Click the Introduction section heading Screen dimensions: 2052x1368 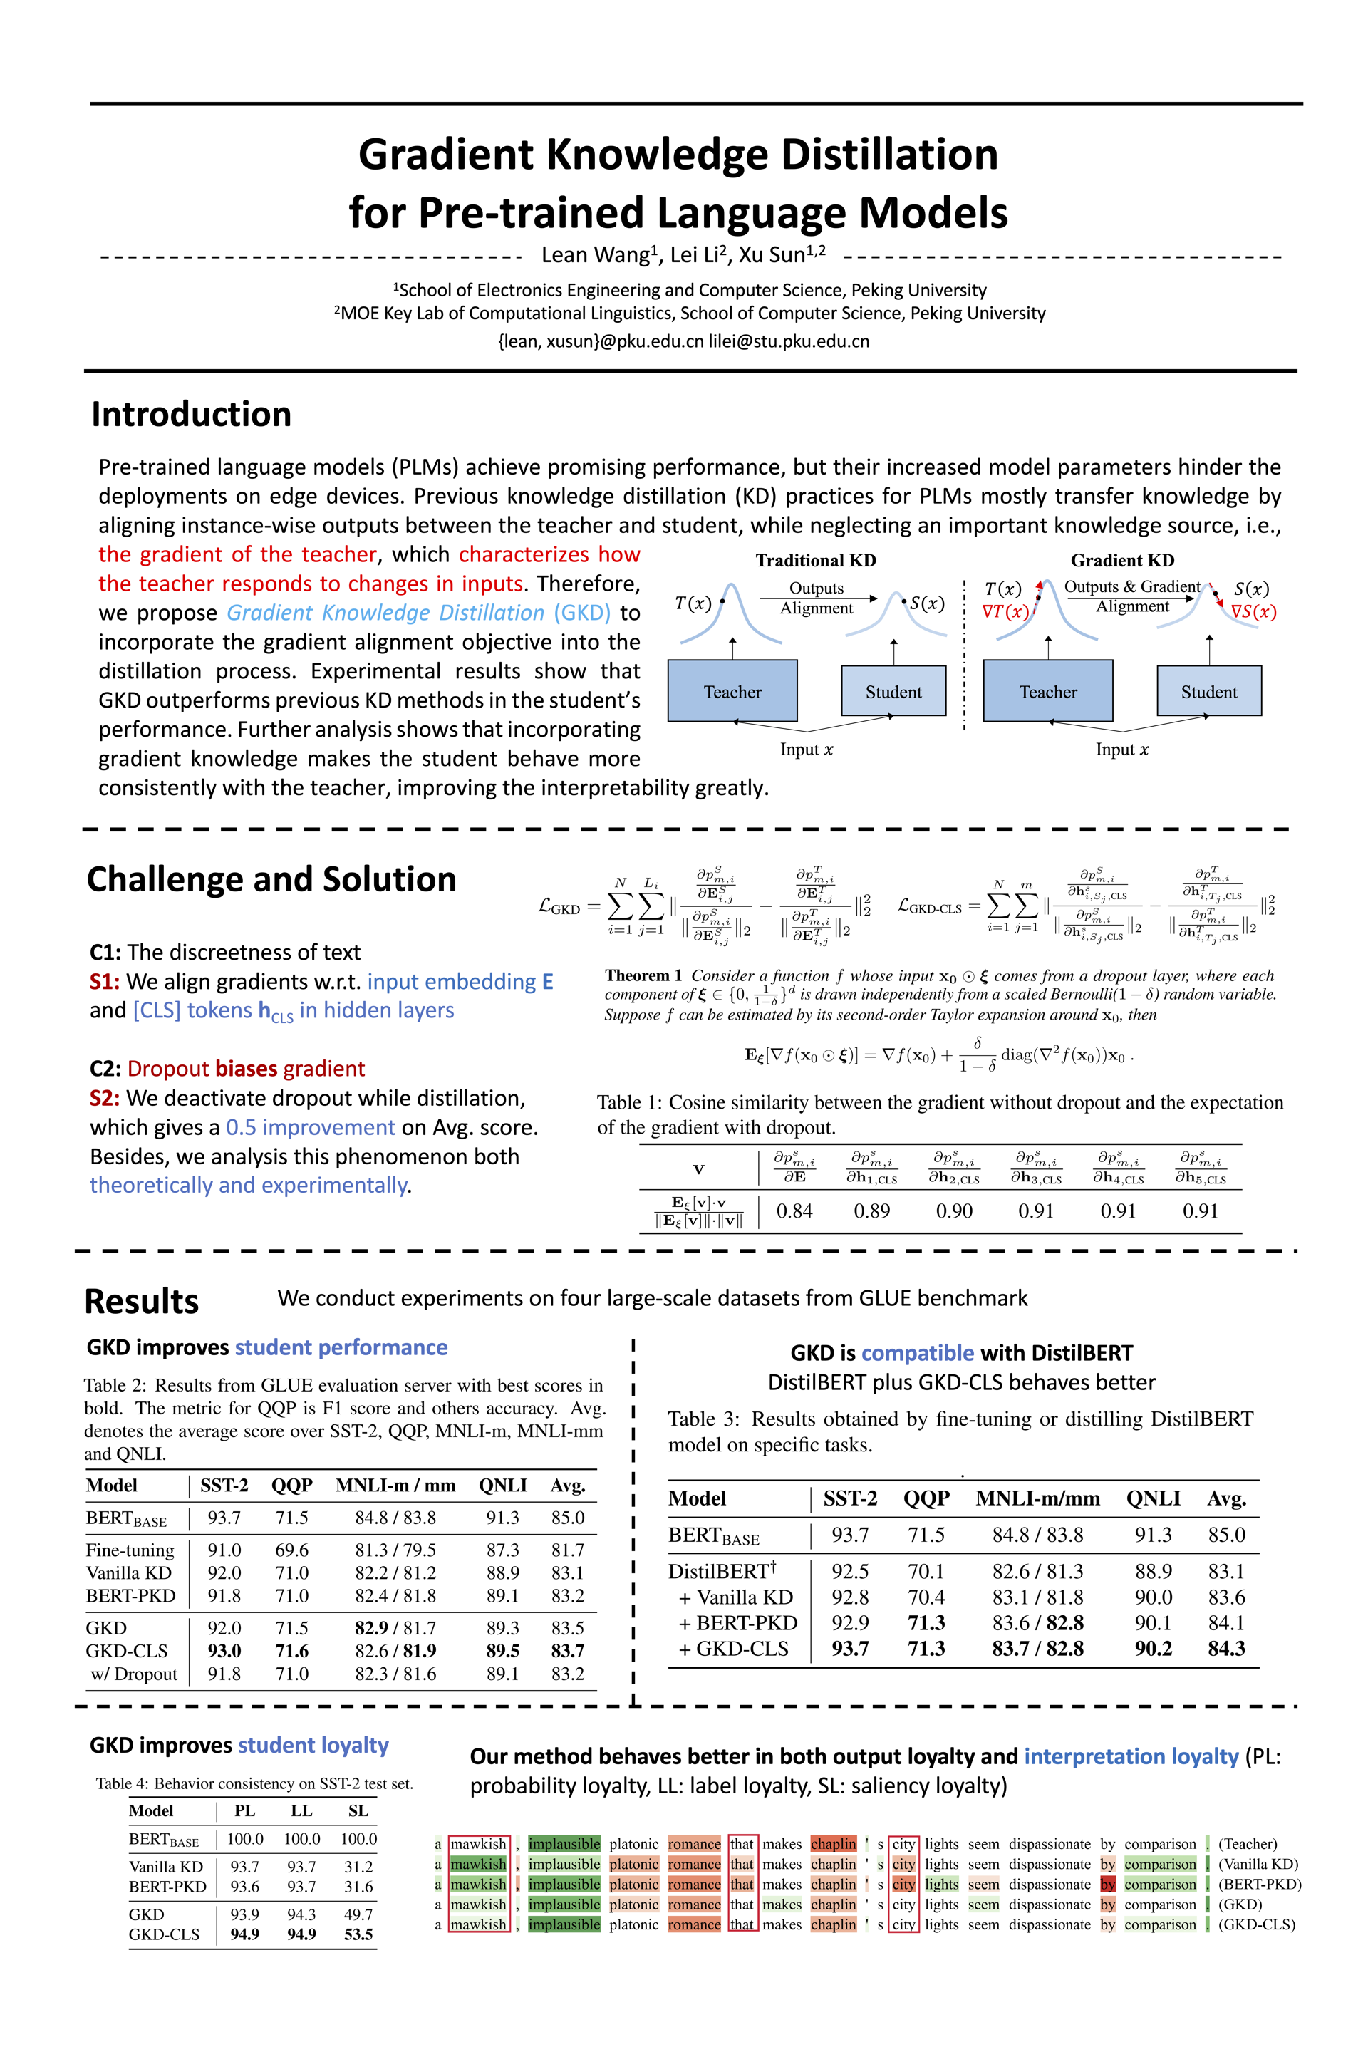click(x=191, y=415)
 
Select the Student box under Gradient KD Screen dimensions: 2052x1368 click(x=1208, y=691)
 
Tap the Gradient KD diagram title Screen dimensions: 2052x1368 click(x=1122, y=560)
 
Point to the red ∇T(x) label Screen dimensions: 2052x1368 click(x=1005, y=611)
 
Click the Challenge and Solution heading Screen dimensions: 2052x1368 click(x=271, y=879)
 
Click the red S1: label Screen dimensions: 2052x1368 click(x=105, y=982)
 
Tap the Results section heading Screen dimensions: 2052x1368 click(x=141, y=1301)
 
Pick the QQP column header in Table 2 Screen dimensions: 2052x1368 click(x=291, y=1486)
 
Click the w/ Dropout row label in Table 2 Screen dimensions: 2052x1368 click(x=133, y=1674)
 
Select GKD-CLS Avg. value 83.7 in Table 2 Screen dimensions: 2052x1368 click(x=567, y=1651)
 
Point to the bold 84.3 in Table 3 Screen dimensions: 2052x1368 click(x=1225, y=1648)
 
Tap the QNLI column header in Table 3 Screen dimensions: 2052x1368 click(x=1153, y=1499)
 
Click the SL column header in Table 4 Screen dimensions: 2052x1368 click(x=358, y=1811)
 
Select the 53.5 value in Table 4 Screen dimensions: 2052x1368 click(x=358, y=1934)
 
